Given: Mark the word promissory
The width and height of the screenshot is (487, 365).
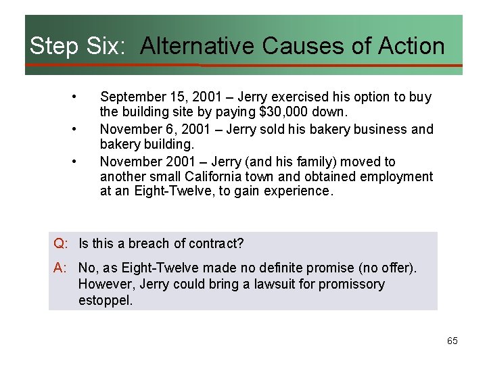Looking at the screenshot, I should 350,284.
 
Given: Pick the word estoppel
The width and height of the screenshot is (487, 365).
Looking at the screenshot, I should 106,300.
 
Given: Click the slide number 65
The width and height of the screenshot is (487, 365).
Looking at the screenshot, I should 452,341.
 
